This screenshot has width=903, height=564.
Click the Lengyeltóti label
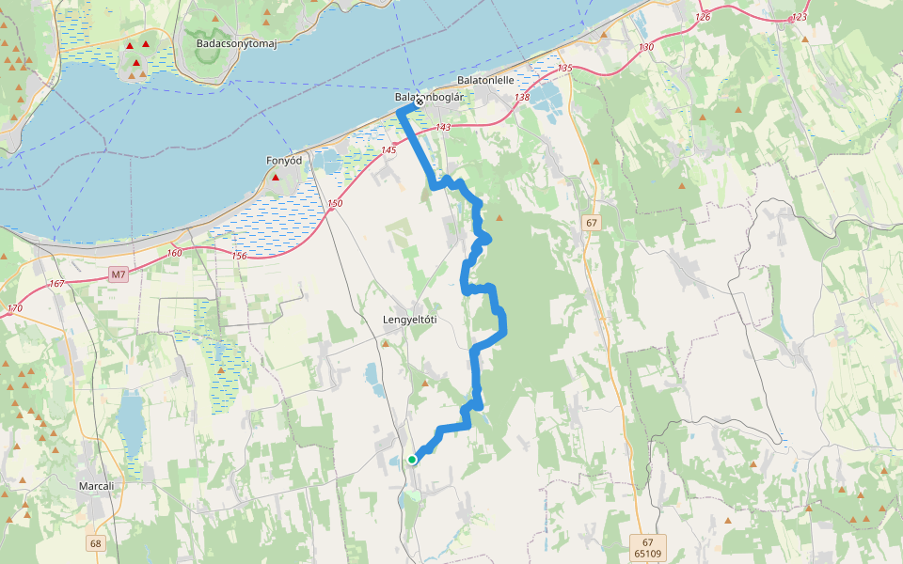tap(410, 320)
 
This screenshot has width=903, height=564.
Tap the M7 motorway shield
tap(117, 274)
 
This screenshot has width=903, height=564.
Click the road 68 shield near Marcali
tap(96, 543)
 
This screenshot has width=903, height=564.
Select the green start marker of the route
tap(412, 460)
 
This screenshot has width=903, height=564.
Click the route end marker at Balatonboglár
tap(420, 102)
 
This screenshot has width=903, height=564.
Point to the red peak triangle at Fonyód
tap(276, 177)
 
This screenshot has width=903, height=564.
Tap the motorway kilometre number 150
tap(336, 204)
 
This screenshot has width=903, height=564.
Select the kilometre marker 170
tap(14, 308)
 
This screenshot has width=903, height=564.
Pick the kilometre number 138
tap(522, 98)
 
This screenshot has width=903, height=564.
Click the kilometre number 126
tap(702, 17)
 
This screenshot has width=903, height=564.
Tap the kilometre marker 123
tap(800, 17)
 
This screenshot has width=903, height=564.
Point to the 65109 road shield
tap(647, 555)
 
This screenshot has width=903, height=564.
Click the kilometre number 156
tap(239, 256)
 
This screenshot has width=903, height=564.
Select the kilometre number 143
tap(443, 127)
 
